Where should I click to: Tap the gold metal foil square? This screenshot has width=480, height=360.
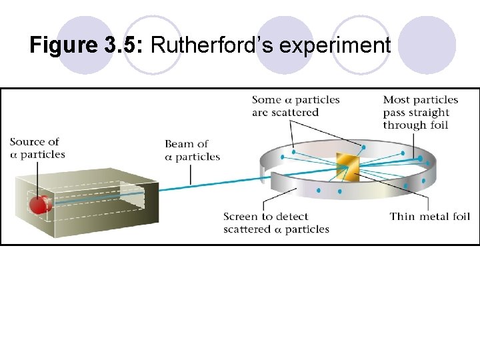[x=347, y=167]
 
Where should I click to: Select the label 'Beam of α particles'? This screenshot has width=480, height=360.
[x=192, y=150]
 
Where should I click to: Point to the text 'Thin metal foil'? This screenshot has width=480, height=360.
[x=430, y=216]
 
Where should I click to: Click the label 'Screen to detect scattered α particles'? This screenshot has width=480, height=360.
[x=276, y=223]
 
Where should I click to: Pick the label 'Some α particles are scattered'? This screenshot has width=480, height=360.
[x=295, y=106]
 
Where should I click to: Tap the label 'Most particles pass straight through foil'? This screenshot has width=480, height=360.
[x=420, y=112]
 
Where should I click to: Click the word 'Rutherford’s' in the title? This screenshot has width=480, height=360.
[x=211, y=45]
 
